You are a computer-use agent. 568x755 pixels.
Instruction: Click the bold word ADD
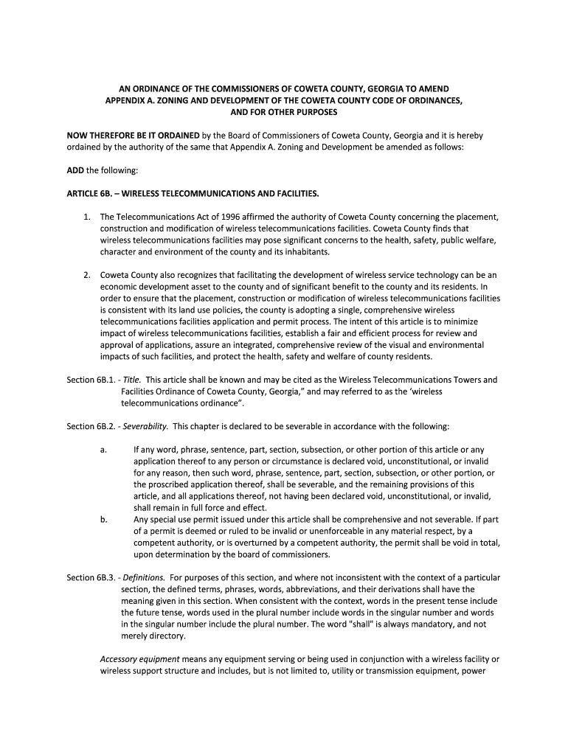pyautogui.click(x=75, y=170)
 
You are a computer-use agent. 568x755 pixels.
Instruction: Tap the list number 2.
pyautogui.click(x=86, y=274)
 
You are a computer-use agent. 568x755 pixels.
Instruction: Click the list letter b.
pyautogui.click(x=103, y=520)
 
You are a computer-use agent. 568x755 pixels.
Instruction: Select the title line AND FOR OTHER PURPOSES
pyautogui.click(x=284, y=112)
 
